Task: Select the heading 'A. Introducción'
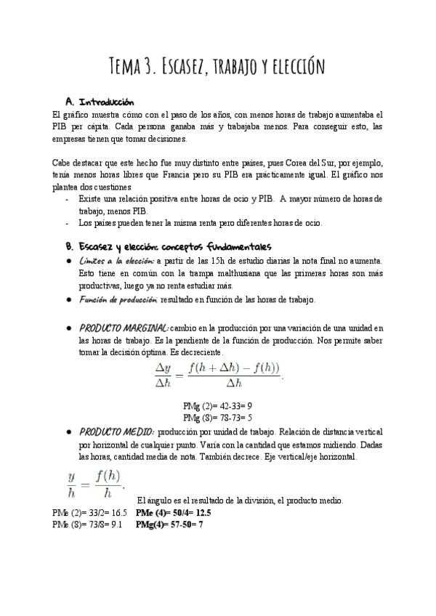click(x=99, y=101)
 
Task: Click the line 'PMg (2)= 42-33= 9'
click(x=218, y=406)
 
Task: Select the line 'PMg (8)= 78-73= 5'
click(x=218, y=418)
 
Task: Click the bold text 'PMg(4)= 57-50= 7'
click(x=169, y=523)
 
